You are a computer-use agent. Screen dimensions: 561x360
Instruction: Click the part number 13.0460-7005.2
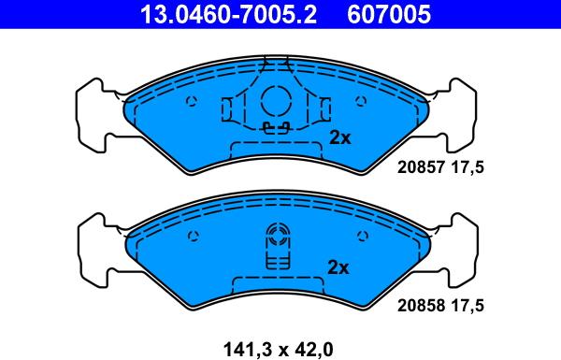(229, 14)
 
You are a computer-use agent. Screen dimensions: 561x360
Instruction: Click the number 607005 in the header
(389, 14)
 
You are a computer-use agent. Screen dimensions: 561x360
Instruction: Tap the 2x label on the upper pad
(340, 137)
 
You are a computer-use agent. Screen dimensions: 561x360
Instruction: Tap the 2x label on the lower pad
(338, 266)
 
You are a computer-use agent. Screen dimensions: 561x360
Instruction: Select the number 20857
(421, 167)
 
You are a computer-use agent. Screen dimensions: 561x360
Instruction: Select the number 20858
(421, 305)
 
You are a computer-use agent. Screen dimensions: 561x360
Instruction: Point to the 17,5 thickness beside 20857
(467, 167)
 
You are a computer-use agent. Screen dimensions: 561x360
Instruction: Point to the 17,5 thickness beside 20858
(467, 305)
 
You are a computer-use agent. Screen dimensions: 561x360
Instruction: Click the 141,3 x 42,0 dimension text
(278, 349)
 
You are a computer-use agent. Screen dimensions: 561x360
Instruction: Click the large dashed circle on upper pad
(262, 101)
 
